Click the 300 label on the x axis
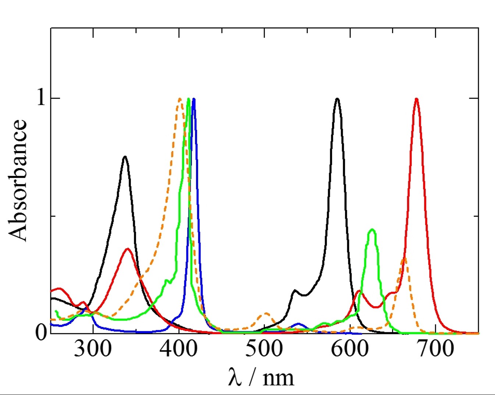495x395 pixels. (x=93, y=349)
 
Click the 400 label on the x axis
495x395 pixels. (x=179, y=349)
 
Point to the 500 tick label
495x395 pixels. (x=264, y=349)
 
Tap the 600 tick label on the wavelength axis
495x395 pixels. (x=350, y=349)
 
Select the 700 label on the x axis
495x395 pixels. (x=435, y=349)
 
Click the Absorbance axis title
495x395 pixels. (x=18, y=180)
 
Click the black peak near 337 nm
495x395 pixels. (x=125, y=157)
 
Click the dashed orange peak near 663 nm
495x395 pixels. (x=404, y=258)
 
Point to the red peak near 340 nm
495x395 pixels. (x=128, y=249)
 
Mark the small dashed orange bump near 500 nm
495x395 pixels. (x=266, y=313)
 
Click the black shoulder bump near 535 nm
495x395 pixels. (x=295, y=290)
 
